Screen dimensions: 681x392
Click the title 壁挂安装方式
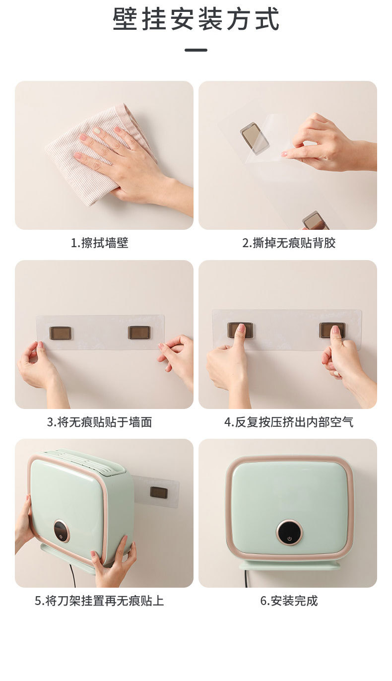coord(196,20)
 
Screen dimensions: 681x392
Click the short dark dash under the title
coord(196,50)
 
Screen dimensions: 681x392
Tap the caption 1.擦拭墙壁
coord(100,243)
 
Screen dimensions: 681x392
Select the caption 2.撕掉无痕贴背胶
coord(289,243)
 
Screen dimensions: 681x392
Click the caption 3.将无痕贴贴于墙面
coord(100,422)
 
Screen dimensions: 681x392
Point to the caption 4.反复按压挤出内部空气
coord(289,422)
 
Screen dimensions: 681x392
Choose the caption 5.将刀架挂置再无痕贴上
coord(99,601)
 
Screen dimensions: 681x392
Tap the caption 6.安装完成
coord(289,601)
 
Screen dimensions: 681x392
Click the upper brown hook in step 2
coord(255,136)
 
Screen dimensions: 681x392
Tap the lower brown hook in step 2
coord(316,221)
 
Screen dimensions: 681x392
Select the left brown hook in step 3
coord(60,333)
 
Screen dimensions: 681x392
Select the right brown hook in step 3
coord(139,333)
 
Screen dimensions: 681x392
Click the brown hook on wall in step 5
coord(159,492)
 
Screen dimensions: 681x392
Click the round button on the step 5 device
coord(61,532)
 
